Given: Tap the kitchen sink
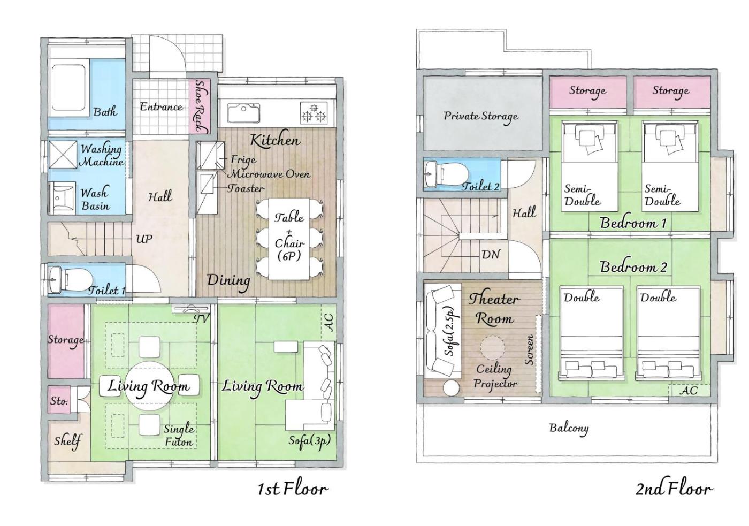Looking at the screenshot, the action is tap(244, 113).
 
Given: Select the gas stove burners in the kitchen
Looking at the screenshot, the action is tap(314, 113).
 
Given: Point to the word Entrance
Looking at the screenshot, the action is tap(161, 107).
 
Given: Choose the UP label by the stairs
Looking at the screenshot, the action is tap(144, 239).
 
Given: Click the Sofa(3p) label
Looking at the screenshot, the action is tap(309, 441).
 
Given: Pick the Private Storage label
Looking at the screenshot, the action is tap(481, 116).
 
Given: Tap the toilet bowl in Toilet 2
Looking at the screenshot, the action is tap(453, 174).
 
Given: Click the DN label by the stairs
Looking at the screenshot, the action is tap(491, 255).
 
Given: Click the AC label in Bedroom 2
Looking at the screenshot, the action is tap(689, 391).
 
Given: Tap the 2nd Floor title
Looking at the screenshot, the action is tap(674, 489).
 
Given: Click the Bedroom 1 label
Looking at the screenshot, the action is tap(633, 223).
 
